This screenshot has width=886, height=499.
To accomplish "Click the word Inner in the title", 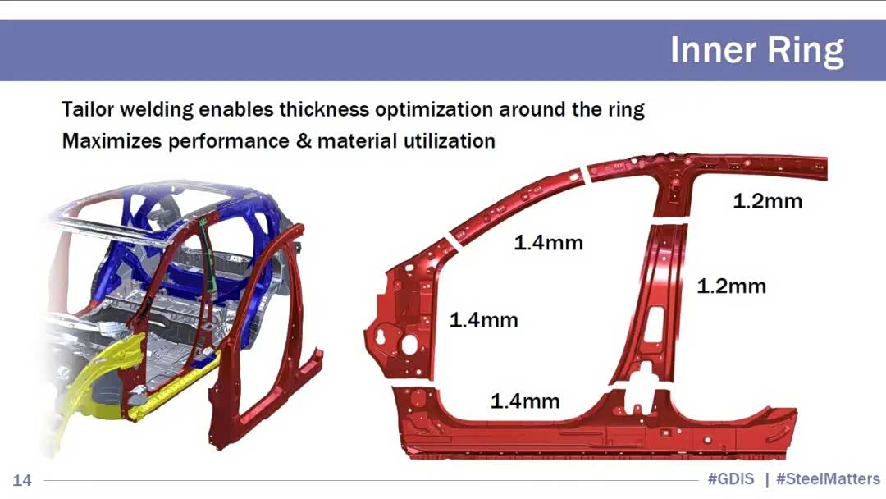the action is click(713, 50).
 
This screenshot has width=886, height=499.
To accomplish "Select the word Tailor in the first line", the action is click(88, 108).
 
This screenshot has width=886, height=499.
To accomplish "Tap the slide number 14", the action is click(22, 480).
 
